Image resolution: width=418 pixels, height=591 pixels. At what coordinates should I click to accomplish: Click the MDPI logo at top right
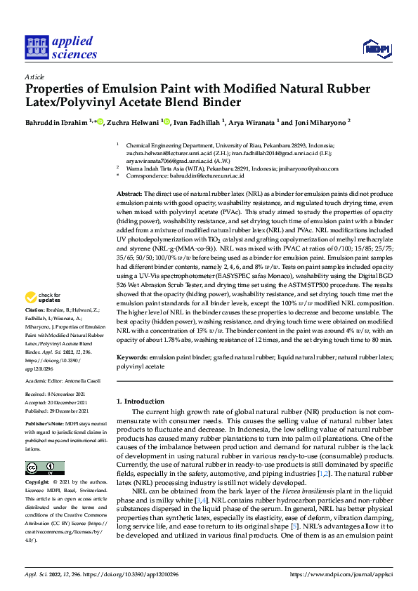[377, 48]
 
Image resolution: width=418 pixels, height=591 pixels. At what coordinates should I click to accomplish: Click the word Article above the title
[34, 77]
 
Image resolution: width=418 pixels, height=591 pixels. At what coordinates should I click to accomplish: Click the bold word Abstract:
[129, 193]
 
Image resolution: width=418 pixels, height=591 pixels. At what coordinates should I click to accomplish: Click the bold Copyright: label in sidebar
[37, 482]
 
